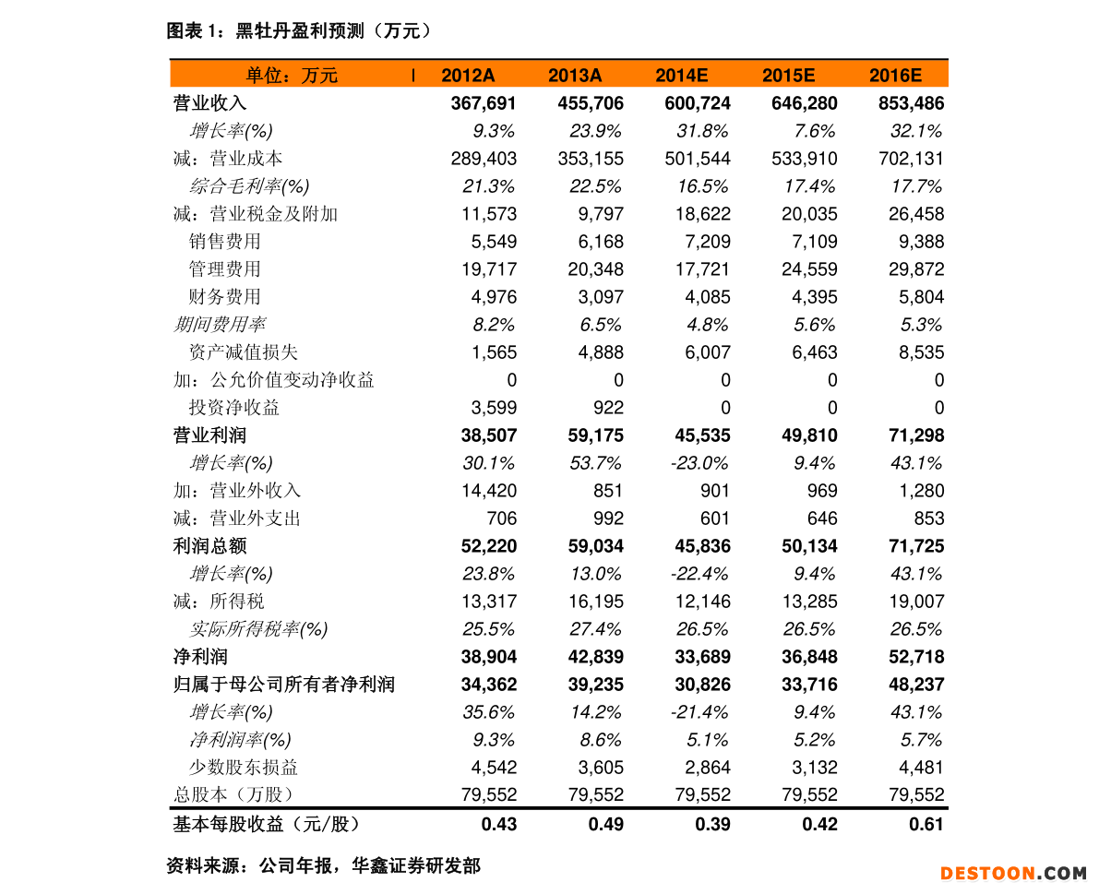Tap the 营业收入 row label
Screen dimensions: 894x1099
click(209, 103)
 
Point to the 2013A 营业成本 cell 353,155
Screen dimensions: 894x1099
click(591, 159)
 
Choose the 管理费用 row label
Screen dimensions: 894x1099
click(224, 269)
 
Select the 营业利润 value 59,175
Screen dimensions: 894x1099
click(591, 435)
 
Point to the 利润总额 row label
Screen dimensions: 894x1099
click(209, 546)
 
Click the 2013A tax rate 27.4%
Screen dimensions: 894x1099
click(595, 629)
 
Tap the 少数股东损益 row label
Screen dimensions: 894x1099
click(243, 768)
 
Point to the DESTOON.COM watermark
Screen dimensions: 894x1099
click(1013, 873)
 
